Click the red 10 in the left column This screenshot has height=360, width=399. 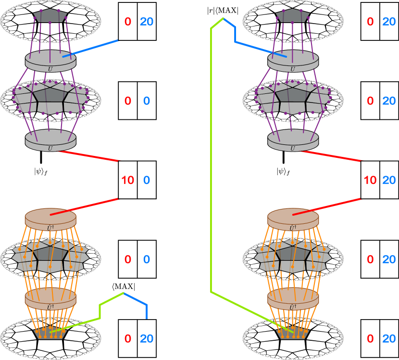click(x=128, y=180)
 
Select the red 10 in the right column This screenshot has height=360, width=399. click(x=370, y=180)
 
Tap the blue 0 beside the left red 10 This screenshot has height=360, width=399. click(x=147, y=180)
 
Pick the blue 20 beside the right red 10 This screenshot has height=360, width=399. click(x=389, y=180)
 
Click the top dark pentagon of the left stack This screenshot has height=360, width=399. click(x=50, y=15)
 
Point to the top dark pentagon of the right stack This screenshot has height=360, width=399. click(x=292, y=15)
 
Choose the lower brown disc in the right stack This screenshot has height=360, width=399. click(x=293, y=298)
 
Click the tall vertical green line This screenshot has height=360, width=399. click(x=211, y=159)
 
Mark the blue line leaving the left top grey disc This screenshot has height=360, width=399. click(x=91, y=48)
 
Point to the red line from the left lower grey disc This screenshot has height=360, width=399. click(x=89, y=156)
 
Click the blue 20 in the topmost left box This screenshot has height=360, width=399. click(x=147, y=22)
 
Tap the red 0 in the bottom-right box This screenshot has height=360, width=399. click(x=370, y=338)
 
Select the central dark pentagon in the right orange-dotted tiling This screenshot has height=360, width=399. click(x=293, y=254)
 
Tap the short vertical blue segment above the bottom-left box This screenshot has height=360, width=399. click(x=147, y=311)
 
